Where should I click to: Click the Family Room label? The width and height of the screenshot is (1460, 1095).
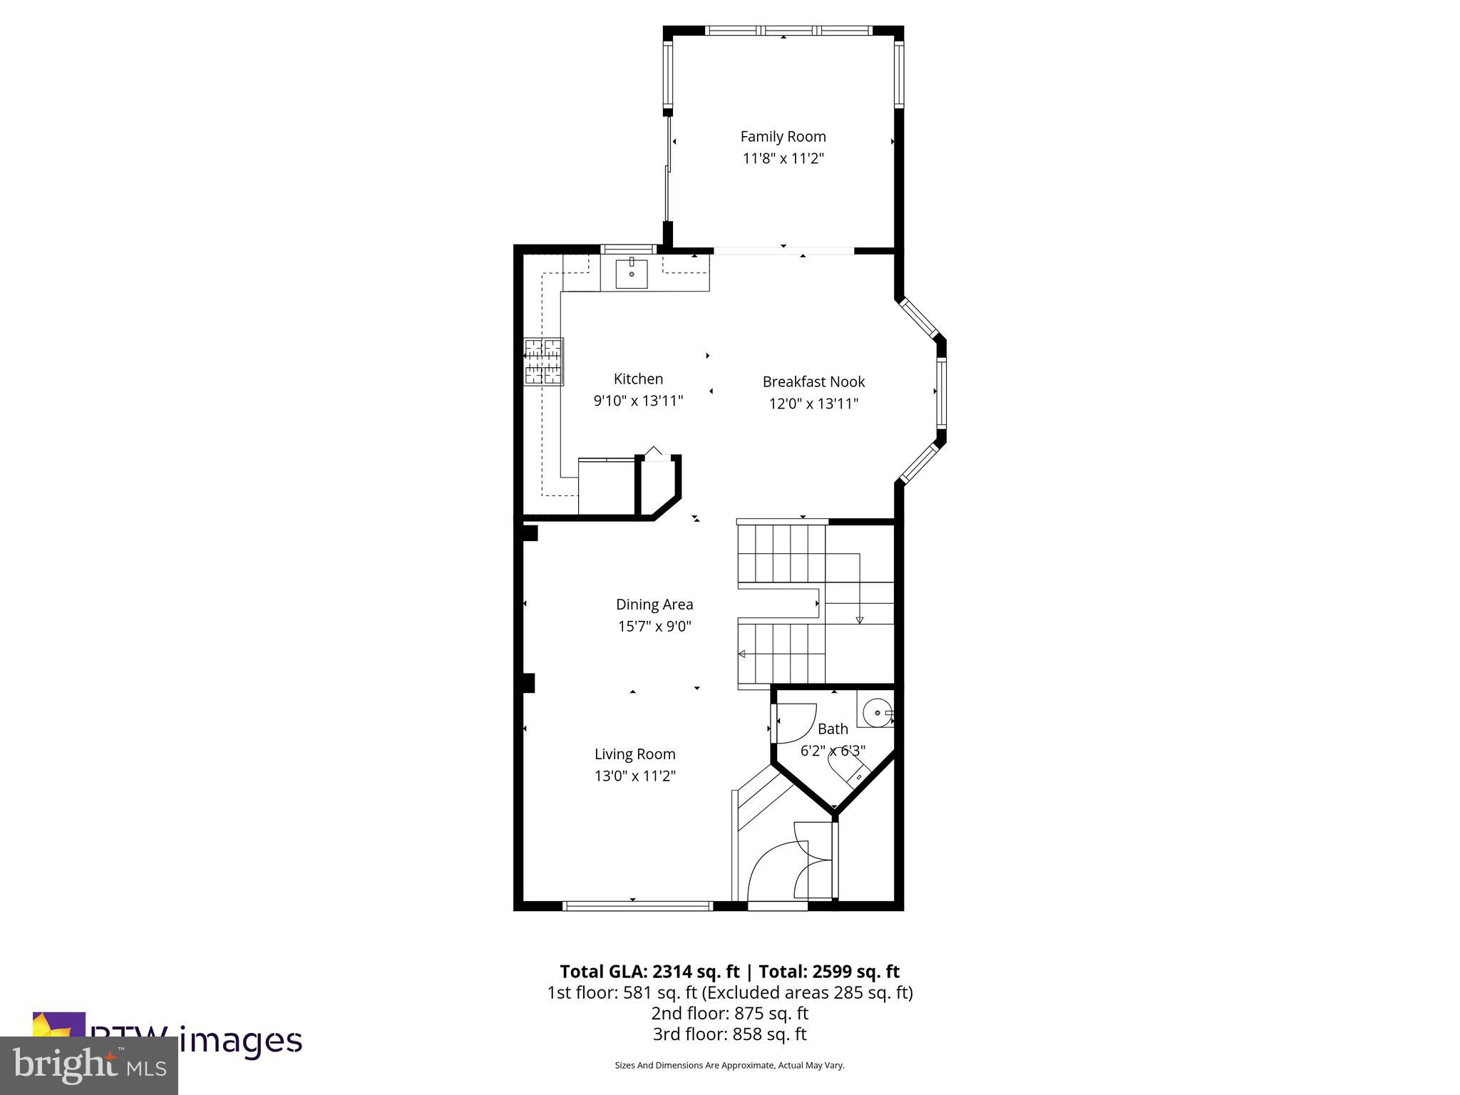(x=783, y=136)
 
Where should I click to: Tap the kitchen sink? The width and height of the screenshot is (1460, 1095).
(x=632, y=274)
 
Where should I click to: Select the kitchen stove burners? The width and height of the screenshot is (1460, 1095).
(x=544, y=361)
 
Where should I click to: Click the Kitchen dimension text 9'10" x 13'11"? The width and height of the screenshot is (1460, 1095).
(x=638, y=401)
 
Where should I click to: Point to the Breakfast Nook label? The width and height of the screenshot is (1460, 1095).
(x=813, y=381)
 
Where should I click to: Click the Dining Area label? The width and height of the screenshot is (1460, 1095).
(x=654, y=605)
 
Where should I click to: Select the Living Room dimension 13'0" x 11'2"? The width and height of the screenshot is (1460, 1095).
(x=634, y=776)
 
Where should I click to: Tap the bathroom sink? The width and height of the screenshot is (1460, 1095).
(x=875, y=712)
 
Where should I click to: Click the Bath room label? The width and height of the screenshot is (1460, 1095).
(x=833, y=729)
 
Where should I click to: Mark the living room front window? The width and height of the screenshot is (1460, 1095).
(x=637, y=906)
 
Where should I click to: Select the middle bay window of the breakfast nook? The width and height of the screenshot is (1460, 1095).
(x=942, y=391)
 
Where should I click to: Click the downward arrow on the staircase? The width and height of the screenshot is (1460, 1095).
(x=859, y=619)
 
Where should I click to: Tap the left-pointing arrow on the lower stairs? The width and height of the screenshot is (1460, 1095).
(x=743, y=654)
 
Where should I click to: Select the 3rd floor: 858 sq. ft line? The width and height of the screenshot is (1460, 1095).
(x=729, y=1034)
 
